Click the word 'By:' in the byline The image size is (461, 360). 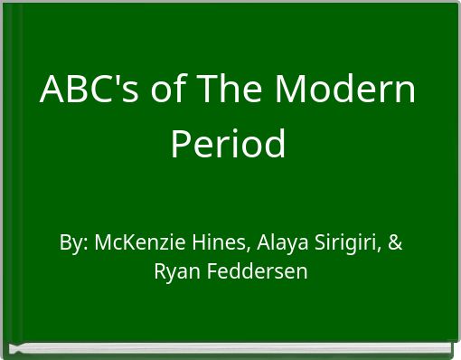(73, 243)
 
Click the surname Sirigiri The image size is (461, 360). (347, 243)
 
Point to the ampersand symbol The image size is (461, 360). (396, 243)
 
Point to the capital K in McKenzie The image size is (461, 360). (125, 243)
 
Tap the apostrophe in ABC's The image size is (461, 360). (110, 80)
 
